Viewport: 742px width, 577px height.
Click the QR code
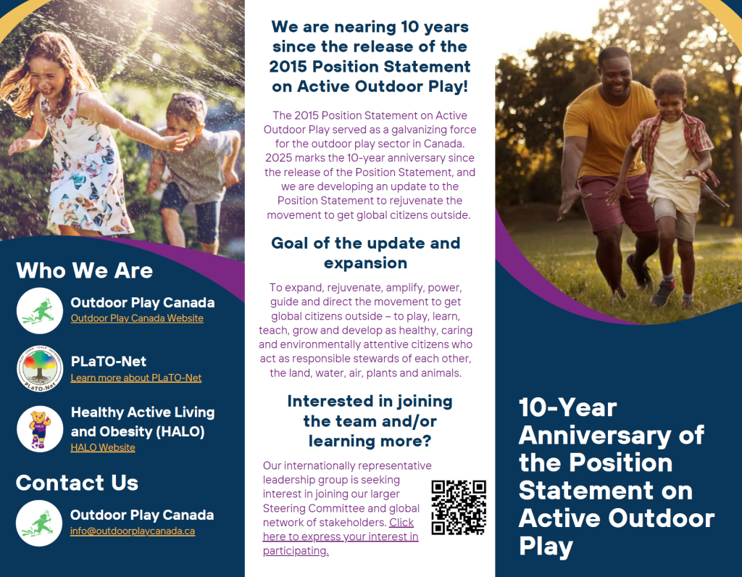(459, 507)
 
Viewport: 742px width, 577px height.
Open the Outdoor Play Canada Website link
(137, 318)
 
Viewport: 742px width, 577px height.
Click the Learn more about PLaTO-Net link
(136, 378)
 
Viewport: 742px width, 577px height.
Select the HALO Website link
(103, 447)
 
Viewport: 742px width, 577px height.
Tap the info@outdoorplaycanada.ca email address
(133, 531)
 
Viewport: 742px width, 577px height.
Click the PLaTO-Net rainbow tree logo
(40, 368)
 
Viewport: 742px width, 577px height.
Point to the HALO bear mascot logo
(40, 429)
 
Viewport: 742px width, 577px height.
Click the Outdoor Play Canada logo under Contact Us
(39, 523)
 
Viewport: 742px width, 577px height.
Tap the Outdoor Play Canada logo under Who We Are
(40, 310)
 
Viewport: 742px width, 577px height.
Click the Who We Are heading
(85, 270)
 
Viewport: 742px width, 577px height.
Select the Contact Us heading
(77, 483)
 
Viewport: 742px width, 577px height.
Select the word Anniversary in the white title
(594, 436)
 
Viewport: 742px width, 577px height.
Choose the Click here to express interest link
(341, 536)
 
